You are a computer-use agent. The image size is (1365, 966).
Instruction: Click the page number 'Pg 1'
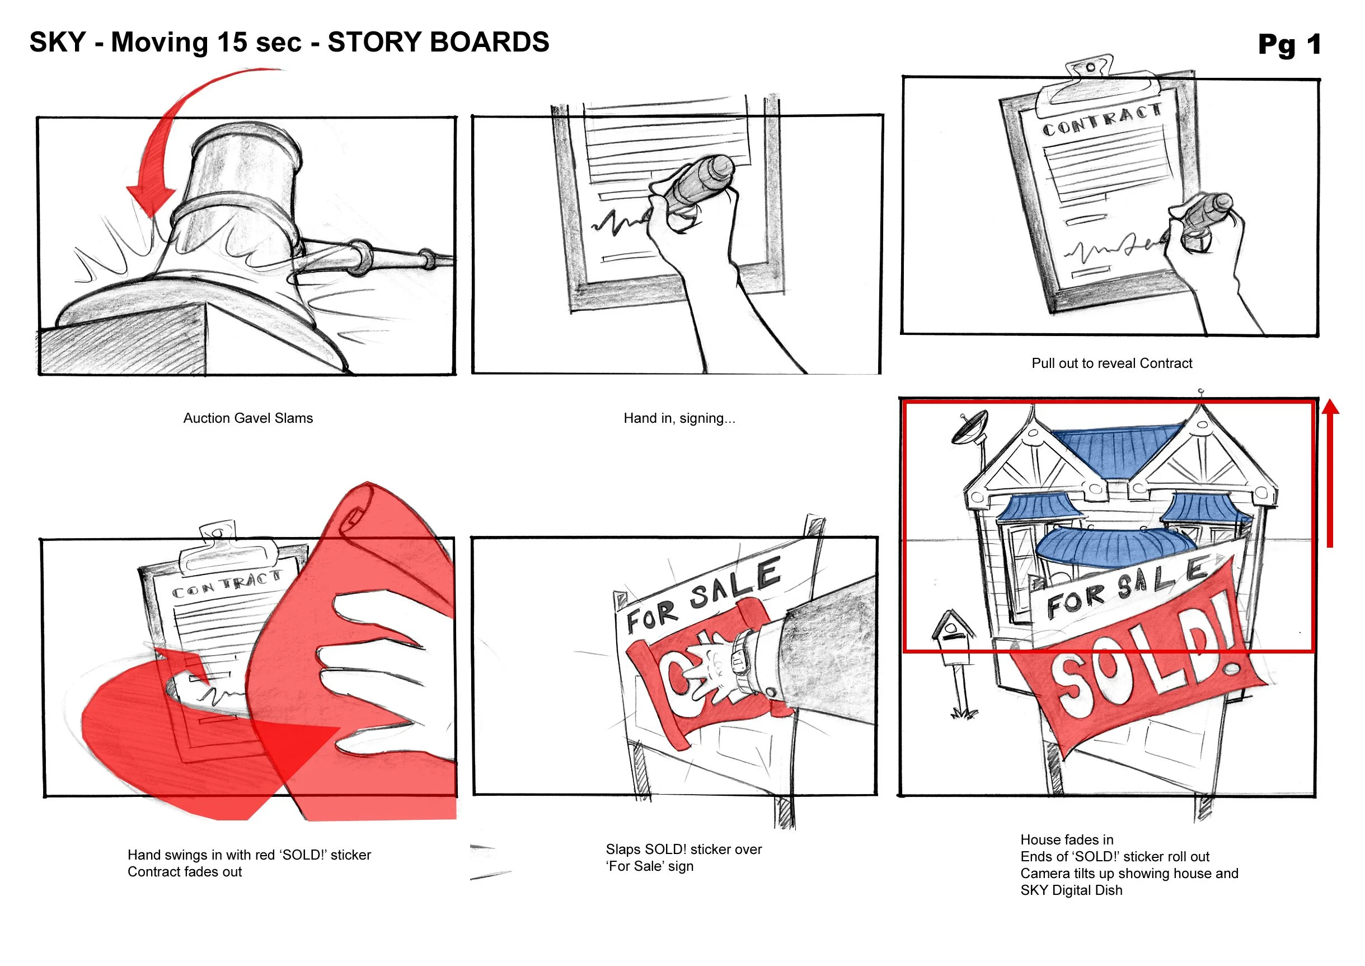(x=1289, y=45)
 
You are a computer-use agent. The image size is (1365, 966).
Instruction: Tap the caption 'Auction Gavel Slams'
(x=248, y=418)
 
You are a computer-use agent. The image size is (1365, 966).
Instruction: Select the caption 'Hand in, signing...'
(x=679, y=418)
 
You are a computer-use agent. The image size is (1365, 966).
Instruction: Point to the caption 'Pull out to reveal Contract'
(x=1111, y=363)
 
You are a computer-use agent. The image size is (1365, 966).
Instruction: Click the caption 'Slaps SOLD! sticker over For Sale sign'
(x=683, y=857)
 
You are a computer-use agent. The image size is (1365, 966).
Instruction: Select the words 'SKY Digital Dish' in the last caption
(x=1071, y=890)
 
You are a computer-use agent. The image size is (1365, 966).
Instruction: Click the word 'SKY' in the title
(x=58, y=42)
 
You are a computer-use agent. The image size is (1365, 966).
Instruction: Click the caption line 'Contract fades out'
(x=184, y=871)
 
